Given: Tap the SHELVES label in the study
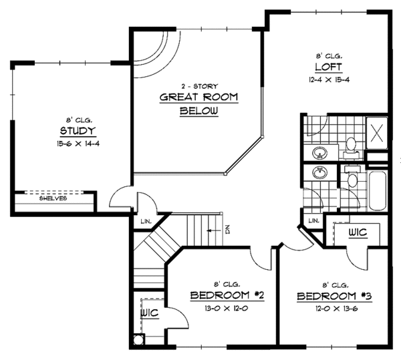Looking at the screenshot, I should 51,198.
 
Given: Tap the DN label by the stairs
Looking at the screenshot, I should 227,230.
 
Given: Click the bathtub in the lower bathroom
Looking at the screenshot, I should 377,191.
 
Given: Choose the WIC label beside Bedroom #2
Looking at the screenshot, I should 147,313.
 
